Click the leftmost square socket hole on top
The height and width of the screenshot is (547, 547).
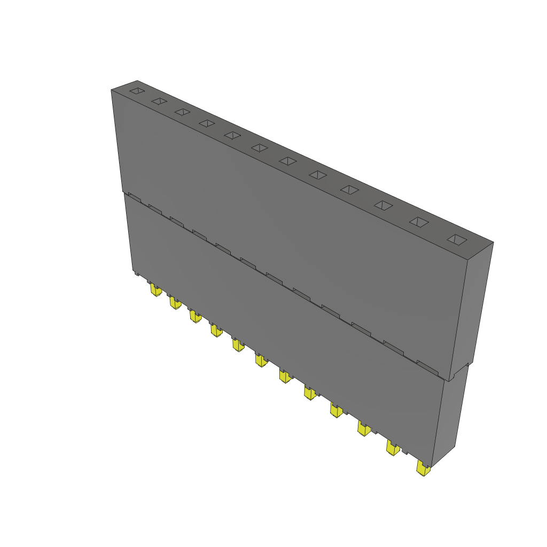(x=137, y=91)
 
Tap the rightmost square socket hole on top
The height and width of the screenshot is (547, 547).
(x=457, y=240)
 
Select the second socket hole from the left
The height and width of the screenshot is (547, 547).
(x=159, y=101)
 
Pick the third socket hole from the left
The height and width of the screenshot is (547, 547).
(x=183, y=112)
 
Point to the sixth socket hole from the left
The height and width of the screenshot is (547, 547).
(x=260, y=147)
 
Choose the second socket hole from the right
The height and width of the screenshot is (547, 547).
(x=419, y=222)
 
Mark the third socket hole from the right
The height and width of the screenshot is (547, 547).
(x=384, y=205)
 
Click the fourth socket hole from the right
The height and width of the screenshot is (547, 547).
(x=350, y=190)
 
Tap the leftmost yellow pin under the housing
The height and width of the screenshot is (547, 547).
(x=155, y=291)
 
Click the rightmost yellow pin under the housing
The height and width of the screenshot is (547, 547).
(x=423, y=470)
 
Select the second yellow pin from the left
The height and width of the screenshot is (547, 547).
(x=175, y=303)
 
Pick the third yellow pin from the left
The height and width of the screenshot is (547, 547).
(x=196, y=317)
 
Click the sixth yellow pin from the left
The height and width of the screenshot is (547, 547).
(x=261, y=361)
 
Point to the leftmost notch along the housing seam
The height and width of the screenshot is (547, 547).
(x=134, y=198)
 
